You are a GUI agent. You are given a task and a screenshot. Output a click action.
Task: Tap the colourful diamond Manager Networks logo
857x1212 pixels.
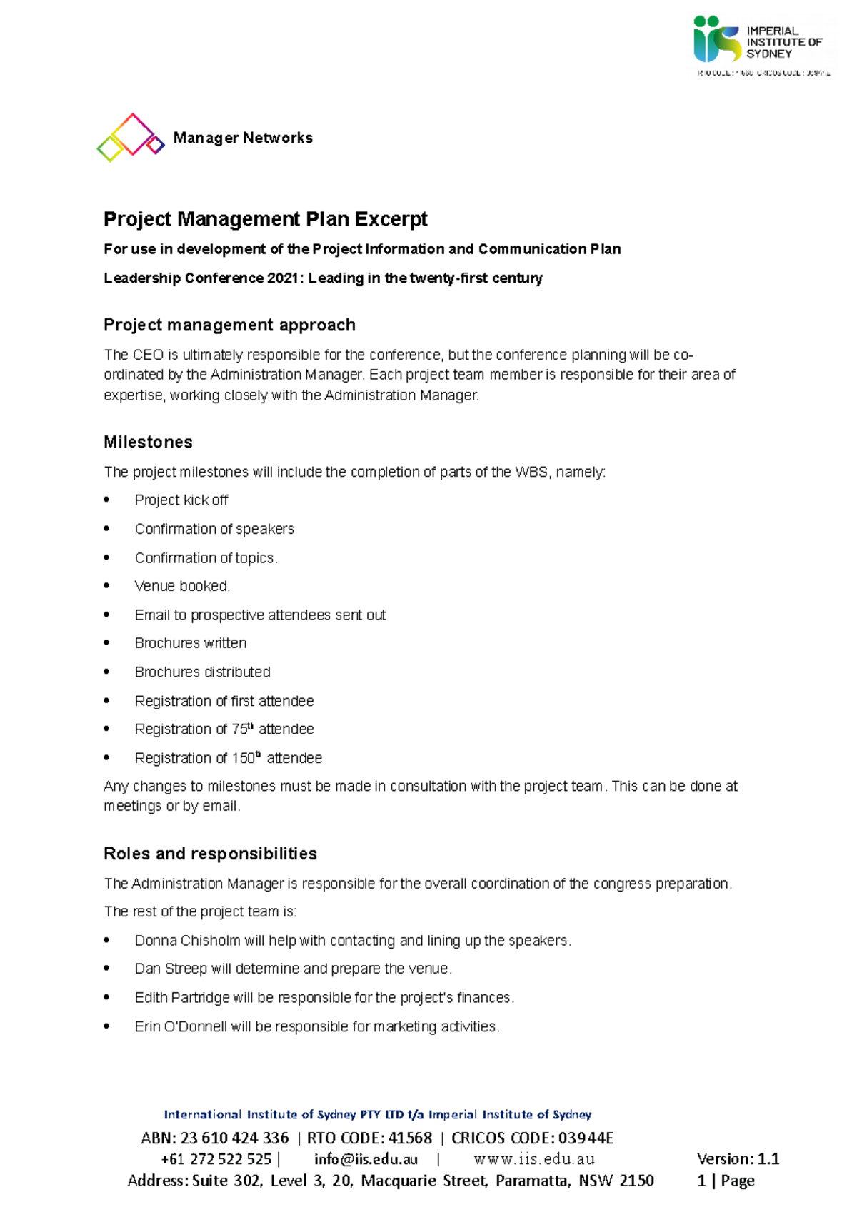(130, 137)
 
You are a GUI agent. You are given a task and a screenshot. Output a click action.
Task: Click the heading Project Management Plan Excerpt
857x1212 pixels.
(265, 219)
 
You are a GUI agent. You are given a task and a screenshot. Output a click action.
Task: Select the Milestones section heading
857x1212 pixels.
(148, 443)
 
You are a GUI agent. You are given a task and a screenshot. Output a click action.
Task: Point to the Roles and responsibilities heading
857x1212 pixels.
(210, 854)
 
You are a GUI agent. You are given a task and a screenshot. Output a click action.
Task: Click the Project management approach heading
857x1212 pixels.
(229, 325)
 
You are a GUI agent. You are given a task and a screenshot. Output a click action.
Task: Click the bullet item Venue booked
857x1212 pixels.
(182, 586)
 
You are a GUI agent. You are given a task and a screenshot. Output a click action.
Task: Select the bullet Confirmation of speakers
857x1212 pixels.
(214, 529)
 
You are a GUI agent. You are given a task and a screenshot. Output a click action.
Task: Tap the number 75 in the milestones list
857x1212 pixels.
(239, 729)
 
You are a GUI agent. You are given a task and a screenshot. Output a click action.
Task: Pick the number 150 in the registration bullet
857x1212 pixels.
(243, 758)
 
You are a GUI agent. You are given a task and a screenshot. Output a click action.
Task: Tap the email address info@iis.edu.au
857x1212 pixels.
(366, 1159)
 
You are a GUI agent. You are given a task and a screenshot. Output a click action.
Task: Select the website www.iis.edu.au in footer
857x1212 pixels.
(534, 1159)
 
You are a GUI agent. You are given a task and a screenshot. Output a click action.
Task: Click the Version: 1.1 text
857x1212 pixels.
(738, 1159)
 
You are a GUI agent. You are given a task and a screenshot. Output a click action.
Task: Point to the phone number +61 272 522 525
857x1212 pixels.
(216, 1159)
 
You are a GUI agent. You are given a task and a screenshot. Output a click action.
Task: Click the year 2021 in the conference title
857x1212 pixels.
(284, 278)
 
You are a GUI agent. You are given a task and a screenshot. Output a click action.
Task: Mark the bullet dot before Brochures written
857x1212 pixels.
(107, 643)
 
